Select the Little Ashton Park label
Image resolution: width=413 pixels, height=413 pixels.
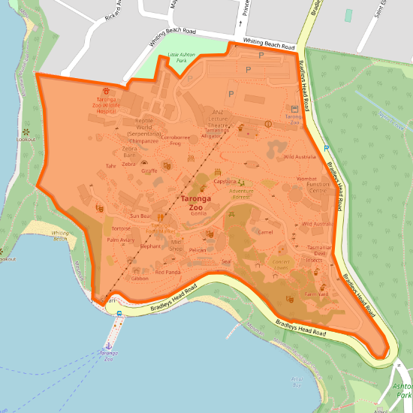(x=180, y=57)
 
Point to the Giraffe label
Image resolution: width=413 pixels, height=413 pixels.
(x=149, y=170)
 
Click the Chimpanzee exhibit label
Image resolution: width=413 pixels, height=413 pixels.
(x=143, y=140)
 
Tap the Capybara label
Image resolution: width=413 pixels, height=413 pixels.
(x=225, y=182)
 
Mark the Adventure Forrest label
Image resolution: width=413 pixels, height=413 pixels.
(x=242, y=193)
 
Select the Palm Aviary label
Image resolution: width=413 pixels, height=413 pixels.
(x=120, y=240)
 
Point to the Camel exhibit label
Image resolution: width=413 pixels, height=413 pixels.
(x=265, y=232)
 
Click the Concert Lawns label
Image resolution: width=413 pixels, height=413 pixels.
(x=281, y=264)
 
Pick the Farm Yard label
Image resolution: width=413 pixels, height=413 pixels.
(x=317, y=294)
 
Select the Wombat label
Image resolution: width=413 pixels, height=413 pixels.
(x=307, y=179)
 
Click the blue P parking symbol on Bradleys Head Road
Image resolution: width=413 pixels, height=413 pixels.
(x=326, y=149)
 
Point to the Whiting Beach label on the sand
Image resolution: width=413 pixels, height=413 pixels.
(x=60, y=236)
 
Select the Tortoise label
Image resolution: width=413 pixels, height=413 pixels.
(x=121, y=228)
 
